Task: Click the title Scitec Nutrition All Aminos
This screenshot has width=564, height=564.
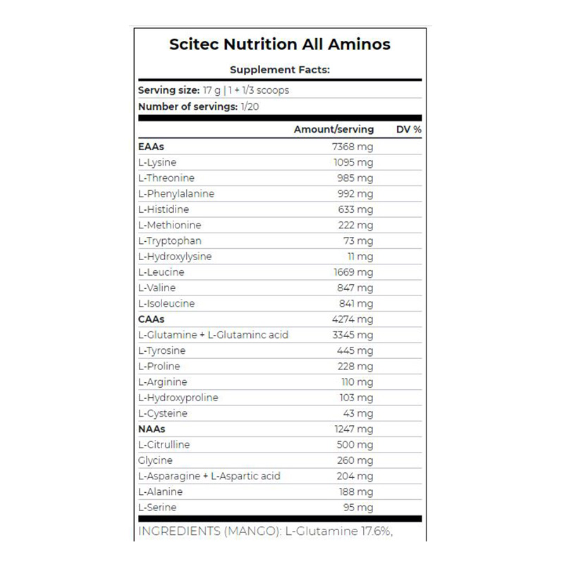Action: [x=279, y=44]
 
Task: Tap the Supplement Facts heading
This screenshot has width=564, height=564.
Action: [x=280, y=70]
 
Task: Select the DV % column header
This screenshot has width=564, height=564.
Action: [x=409, y=130]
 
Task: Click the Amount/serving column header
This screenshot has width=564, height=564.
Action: [x=333, y=130]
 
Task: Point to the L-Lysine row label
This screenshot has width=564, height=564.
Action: [x=157, y=162]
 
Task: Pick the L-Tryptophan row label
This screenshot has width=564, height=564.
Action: [x=170, y=241]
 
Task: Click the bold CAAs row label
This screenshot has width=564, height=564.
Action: [x=152, y=319]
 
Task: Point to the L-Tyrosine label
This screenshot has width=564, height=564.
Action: [x=162, y=350]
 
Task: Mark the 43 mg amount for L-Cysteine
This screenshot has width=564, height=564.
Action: [x=359, y=413]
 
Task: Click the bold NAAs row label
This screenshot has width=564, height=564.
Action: [x=152, y=429]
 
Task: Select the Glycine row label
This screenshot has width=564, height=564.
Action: [x=156, y=460]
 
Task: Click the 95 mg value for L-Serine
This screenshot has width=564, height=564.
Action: [x=359, y=507]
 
